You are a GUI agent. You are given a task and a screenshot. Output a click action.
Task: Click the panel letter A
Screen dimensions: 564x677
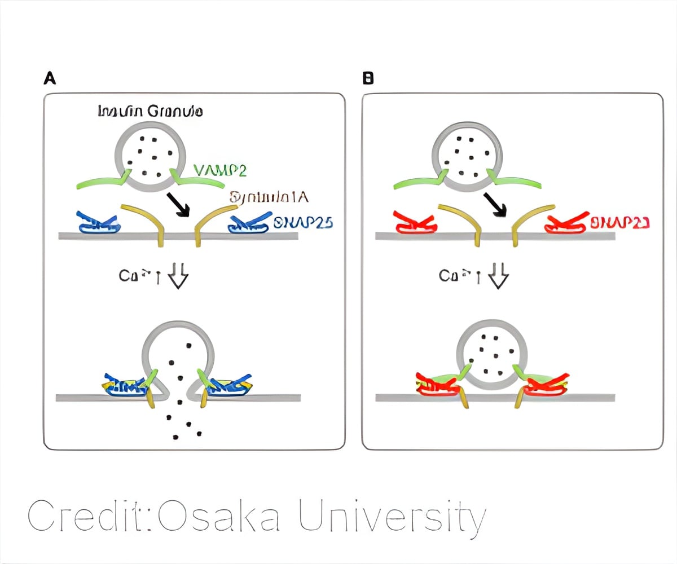[x=50, y=79]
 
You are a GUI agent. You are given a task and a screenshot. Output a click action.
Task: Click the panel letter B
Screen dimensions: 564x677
[x=368, y=79]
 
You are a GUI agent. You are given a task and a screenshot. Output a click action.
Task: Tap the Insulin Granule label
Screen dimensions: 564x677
[x=151, y=111]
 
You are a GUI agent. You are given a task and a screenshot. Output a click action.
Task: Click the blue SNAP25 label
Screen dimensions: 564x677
[x=303, y=222]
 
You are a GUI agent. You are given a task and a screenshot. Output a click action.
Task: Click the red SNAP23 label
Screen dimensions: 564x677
[x=619, y=222]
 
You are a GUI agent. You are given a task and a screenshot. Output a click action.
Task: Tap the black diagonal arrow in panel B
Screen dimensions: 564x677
[x=494, y=204]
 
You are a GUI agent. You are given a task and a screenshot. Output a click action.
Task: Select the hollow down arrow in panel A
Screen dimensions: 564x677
[x=178, y=277]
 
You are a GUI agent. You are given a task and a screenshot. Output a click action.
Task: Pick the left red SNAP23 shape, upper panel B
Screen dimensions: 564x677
[x=416, y=224]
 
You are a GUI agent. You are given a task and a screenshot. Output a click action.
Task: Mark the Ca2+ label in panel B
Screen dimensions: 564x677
[x=452, y=276]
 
